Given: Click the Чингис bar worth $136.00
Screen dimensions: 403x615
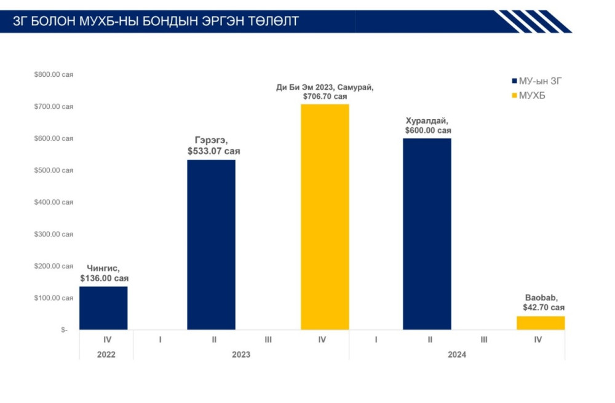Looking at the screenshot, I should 103,308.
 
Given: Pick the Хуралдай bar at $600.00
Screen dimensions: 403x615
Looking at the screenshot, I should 427,234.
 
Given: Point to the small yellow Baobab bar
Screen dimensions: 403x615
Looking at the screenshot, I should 541,323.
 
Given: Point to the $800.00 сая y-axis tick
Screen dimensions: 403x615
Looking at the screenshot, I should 54,74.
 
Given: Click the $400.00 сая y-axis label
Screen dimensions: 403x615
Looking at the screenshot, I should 54,202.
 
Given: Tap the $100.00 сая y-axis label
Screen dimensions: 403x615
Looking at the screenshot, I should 54,298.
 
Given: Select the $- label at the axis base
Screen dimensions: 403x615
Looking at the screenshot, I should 65,330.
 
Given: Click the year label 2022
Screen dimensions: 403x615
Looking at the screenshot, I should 106,354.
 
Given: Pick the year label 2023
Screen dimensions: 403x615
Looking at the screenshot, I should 241,354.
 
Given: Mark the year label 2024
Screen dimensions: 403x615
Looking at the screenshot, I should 457,354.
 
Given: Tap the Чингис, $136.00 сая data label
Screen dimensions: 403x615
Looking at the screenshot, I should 104,273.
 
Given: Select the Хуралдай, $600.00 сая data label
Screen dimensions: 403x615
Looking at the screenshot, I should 427,125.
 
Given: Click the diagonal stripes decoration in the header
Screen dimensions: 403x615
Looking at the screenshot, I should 532,21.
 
